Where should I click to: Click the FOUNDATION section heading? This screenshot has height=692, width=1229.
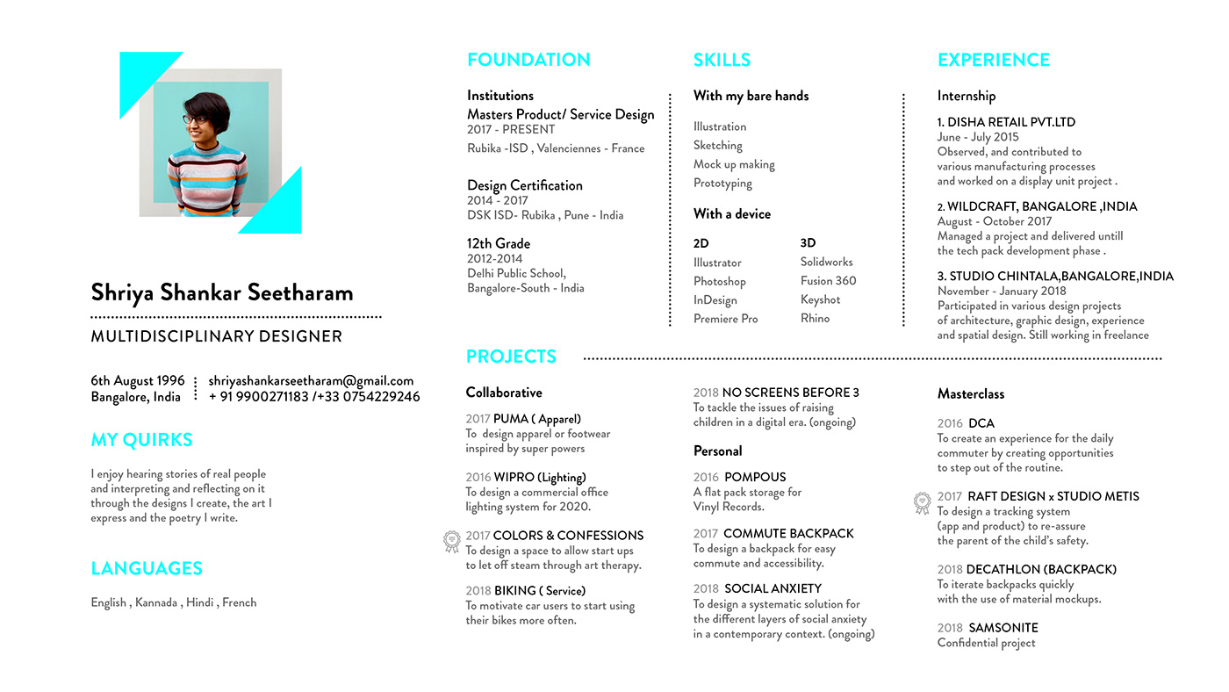[x=528, y=60]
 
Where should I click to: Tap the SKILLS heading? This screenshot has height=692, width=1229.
[x=722, y=60]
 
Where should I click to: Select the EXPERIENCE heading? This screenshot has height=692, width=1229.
[x=993, y=60]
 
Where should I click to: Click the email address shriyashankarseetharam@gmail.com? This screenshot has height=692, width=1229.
[x=311, y=381]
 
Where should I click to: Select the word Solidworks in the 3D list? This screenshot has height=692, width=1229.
[x=826, y=262]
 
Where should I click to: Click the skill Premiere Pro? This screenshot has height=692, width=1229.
[x=725, y=319]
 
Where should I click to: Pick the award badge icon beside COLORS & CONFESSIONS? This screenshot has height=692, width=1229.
[x=451, y=541]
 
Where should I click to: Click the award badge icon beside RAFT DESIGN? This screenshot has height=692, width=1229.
[x=922, y=502]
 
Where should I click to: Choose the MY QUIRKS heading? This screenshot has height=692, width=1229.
[x=141, y=440]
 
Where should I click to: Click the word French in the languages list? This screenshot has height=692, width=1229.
[x=239, y=602]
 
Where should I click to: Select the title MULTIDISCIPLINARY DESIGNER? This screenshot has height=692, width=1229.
[x=216, y=336]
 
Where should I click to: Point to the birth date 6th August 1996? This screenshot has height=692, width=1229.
[x=138, y=381]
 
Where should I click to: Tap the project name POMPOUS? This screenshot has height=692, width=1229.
[x=755, y=477]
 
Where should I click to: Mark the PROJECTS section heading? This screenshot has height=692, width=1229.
[x=511, y=357]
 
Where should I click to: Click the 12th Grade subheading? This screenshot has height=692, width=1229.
[x=499, y=243]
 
